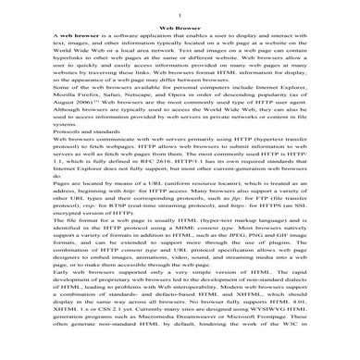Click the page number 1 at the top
(x=179, y=15)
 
